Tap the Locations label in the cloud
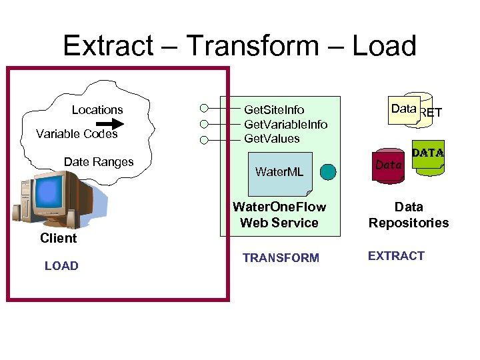[97, 110]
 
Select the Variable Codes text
[77, 134]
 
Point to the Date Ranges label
[99, 162]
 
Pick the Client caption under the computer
[58, 239]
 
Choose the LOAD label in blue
[61, 266]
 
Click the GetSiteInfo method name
[274, 110]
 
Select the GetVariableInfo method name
[285, 125]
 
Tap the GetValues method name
[272, 139]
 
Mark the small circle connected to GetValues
[204, 140]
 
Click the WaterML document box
[279, 171]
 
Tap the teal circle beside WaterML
[328, 172]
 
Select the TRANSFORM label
[281, 258]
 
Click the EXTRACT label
[396, 256]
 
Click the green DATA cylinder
[429, 158]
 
